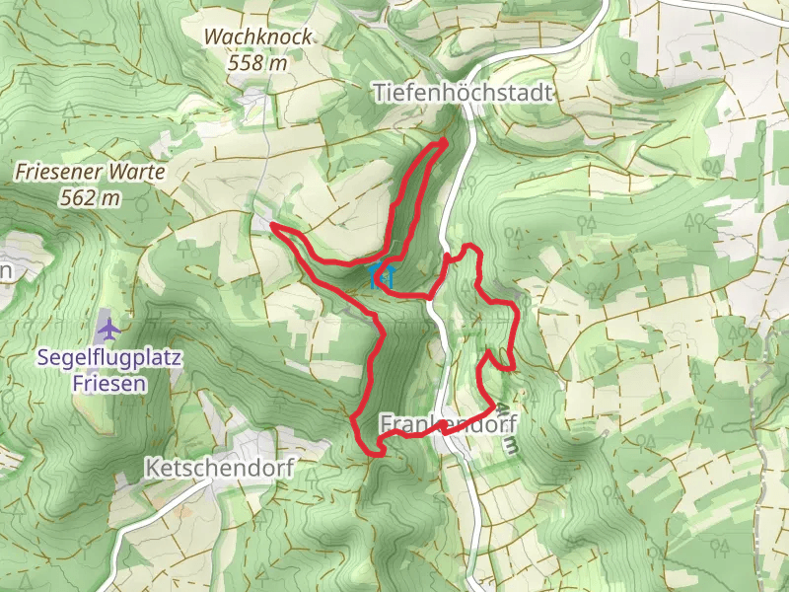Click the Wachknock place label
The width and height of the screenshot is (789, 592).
pos(257,37)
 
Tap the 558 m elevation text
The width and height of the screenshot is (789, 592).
pos(257,62)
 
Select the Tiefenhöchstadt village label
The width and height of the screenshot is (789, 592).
pos(464,92)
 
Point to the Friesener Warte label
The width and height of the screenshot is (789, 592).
pos(90,172)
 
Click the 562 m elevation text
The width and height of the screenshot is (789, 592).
pos(90,198)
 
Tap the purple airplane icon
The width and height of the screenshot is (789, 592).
pos(108,327)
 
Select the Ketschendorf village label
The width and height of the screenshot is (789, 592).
pos(219,468)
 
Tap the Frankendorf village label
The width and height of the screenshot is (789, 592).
pos(448,423)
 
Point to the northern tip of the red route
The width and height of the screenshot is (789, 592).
pos(444,142)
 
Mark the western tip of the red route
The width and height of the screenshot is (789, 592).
pos(272,228)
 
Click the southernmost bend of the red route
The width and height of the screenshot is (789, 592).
pos(376,453)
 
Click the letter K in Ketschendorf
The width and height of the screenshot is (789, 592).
pos(150,468)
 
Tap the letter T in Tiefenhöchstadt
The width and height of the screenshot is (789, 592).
pos(379,92)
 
